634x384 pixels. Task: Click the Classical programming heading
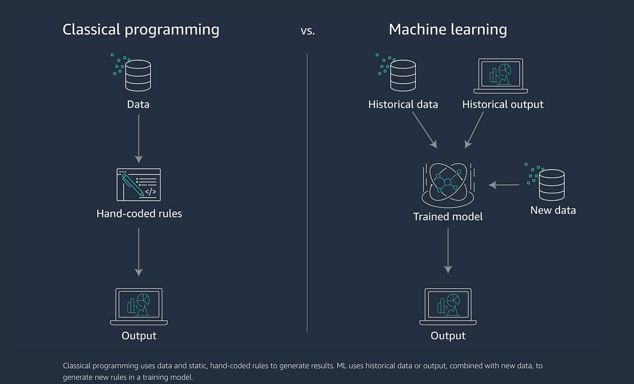click(x=141, y=30)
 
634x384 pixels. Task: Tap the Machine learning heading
click(x=447, y=30)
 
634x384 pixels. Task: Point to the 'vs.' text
click(x=307, y=31)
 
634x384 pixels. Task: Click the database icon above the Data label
click(x=137, y=75)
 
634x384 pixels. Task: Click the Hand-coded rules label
click(x=139, y=214)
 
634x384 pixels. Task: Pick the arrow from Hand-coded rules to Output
click(x=138, y=252)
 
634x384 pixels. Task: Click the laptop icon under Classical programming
click(x=139, y=307)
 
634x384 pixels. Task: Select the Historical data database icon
click(x=403, y=75)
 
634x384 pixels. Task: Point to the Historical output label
click(x=502, y=104)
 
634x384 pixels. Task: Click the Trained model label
click(x=447, y=216)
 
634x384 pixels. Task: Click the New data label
click(x=553, y=210)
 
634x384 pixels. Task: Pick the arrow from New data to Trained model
click(x=504, y=185)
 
